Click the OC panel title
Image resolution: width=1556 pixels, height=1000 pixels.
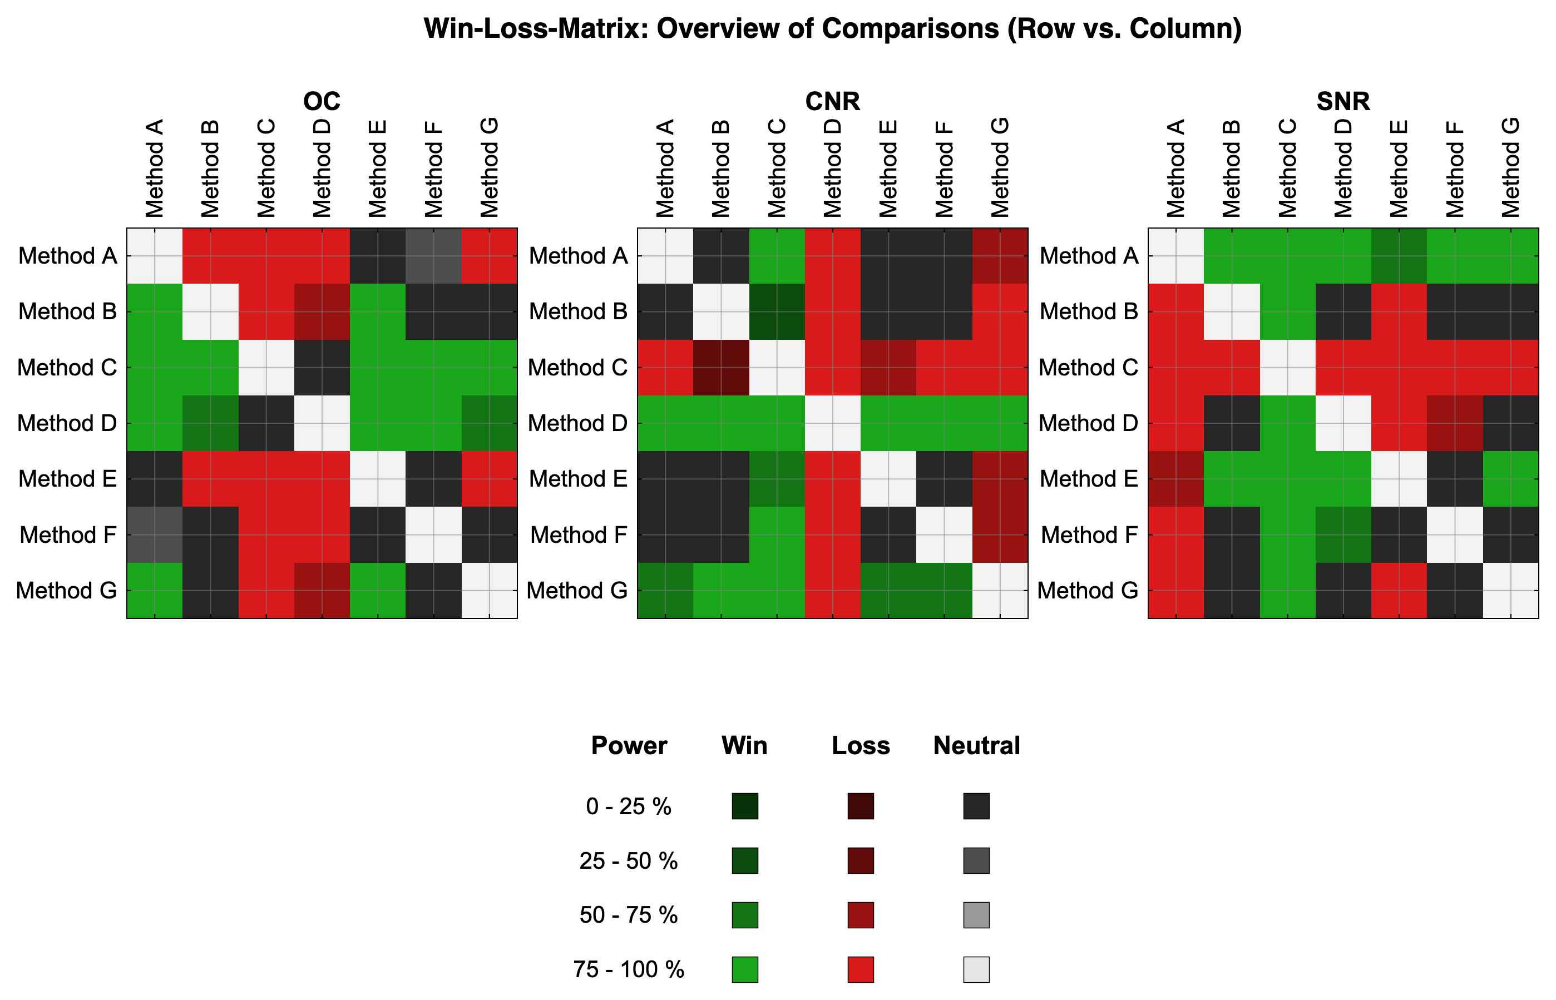point(322,101)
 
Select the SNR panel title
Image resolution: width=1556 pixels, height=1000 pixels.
point(1343,101)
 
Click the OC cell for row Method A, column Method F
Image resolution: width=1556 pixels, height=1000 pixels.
point(434,256)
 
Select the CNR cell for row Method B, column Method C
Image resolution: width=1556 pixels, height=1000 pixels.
point(777,311)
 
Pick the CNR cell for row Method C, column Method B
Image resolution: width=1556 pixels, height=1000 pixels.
point(721,368)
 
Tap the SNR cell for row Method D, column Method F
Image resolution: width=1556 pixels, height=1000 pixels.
point(1455,423)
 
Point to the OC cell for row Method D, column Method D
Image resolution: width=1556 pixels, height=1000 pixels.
point(322,423)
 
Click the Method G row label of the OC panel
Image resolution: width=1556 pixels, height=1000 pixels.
point(66,590)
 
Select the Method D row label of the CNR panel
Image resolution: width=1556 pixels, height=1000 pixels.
point(577,423)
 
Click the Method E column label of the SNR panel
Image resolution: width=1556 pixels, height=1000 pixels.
point(1398,168)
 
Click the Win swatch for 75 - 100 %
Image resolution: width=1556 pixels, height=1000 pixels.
point(745,969)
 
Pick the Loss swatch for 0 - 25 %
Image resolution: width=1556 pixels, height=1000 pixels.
point(861,806)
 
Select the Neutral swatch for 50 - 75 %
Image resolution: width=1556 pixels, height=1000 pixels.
point(977,915)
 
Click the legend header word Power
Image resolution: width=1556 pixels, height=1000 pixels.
point(629,745)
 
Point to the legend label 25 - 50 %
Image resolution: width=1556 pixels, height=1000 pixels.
point(629,861)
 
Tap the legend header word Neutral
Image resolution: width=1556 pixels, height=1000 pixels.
point(977,745)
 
